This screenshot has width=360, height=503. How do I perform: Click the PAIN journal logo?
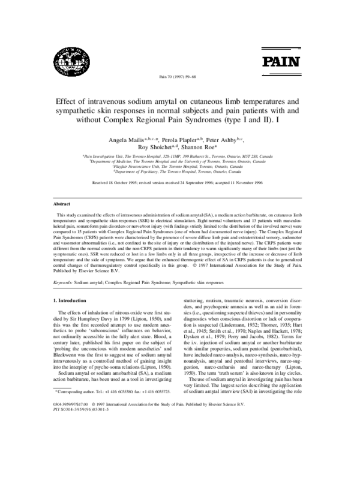tap(277, 61)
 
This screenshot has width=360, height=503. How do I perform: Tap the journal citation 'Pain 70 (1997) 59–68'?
tap(179, 77)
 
